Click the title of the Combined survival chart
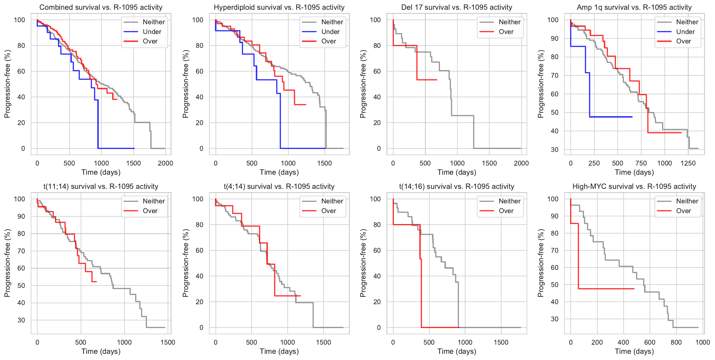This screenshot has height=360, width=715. click(x=101, y=7)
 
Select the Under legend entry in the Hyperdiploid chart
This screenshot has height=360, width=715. click(x=330, y=32)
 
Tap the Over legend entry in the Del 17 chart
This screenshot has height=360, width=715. click(x=506, y=32)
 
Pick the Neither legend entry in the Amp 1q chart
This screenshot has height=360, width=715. click(x=687, y=22)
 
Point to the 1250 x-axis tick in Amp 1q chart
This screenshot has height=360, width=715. click(x=688, y=163)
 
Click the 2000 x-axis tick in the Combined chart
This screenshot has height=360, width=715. click(x=165, y=163)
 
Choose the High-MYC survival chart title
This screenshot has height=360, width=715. click(x=634, y=187)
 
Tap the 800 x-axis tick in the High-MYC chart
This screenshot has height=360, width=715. click(x=676, y=342)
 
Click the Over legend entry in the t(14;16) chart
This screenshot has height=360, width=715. click(x=506, y=211)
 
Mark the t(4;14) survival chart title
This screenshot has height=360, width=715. click(x=279, y=187)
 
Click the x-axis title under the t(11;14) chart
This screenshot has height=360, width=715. click(x=101, y=351)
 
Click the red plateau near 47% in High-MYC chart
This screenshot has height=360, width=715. click(x=606, y=289)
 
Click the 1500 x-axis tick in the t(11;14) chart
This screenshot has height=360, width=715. click(x=168, y=342)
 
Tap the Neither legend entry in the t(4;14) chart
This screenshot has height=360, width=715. click(x=332, y=201)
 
